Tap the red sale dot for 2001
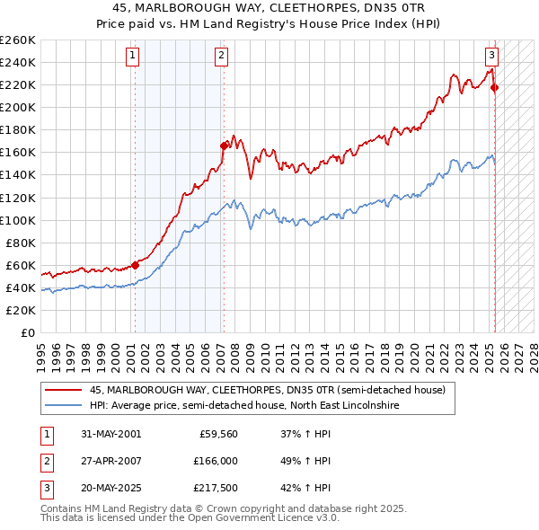(136, 265)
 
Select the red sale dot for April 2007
(224, 145)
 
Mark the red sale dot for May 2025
(495, 87)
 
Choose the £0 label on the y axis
(28, 332)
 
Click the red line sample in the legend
(63, 391)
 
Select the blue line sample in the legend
(63, 406)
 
